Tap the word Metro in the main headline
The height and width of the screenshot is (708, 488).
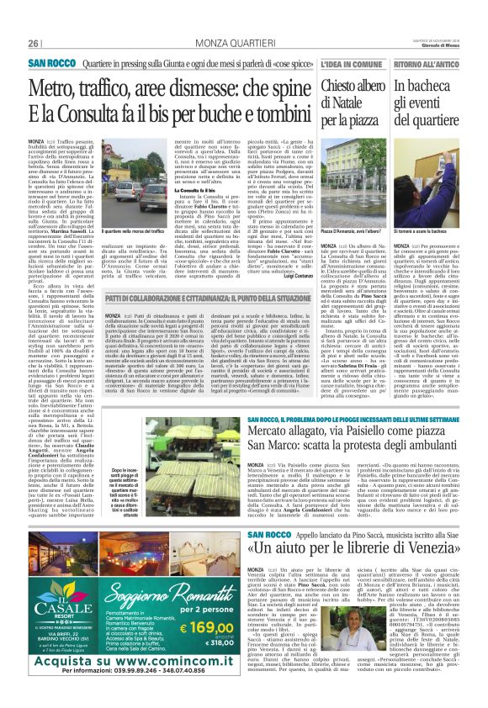[57, 87]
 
